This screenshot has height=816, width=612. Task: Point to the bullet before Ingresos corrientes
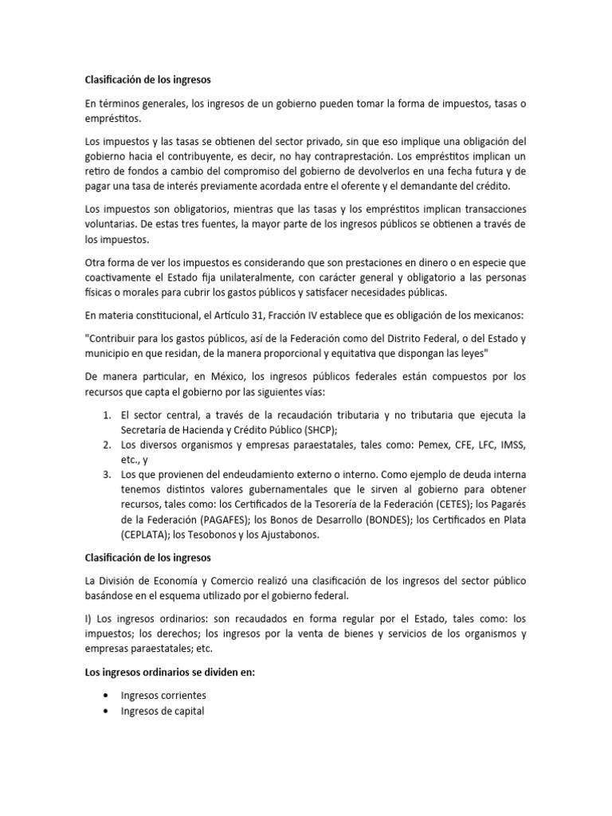tap(105, 696)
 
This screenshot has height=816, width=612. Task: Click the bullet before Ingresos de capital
tap(105, 711)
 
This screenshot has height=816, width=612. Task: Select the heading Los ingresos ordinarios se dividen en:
tap(170, 672)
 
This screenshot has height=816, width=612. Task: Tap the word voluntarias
tap(111, 224)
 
